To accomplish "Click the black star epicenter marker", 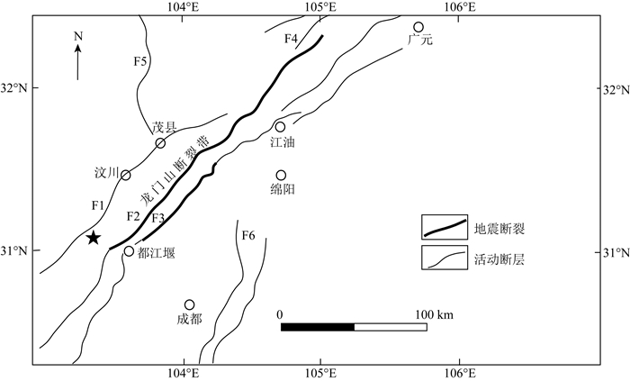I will point(94,238).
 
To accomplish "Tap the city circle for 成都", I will point(189,305).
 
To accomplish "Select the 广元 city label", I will point(420,41).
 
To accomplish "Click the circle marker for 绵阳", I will point(281,176).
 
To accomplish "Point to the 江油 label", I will point(283,142).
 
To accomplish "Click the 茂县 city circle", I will point(160,143).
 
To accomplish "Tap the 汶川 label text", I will point(106,172).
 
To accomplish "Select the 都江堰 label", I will point(157,253).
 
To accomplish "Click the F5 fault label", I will point(139,61).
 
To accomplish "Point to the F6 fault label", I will point(248,236).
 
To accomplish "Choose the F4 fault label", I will point(290,39).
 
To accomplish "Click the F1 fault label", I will point(98,206).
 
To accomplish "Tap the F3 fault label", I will point(158,217).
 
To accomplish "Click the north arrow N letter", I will point(78,36).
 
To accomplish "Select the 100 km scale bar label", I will point(433,313).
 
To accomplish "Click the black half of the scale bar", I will point(317,326).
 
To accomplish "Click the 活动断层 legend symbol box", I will point(445,258).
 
